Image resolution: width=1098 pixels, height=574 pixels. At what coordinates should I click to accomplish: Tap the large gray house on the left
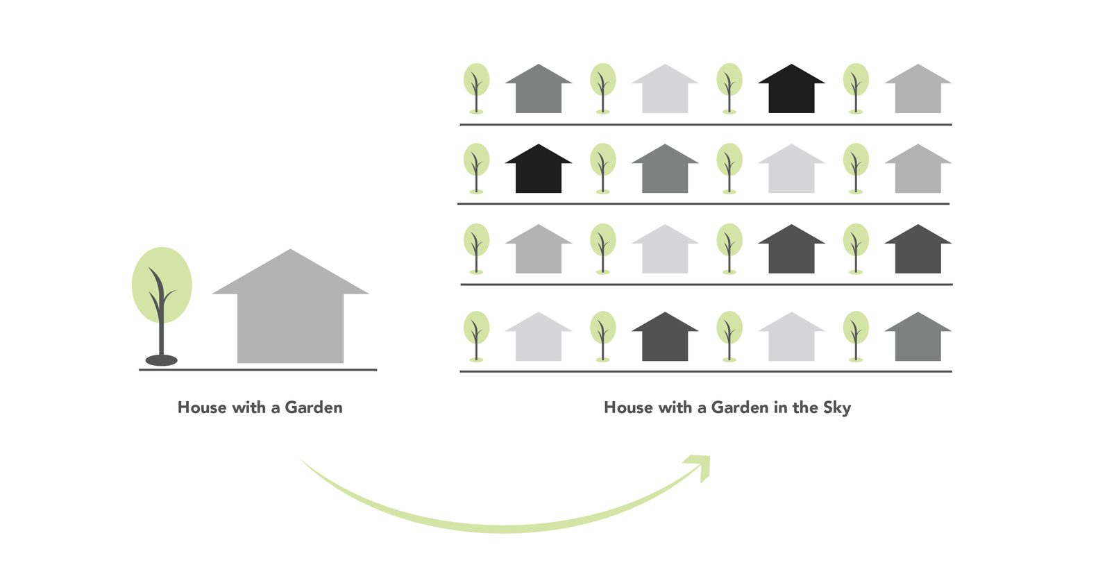pyautogui.click(x=290, y=323)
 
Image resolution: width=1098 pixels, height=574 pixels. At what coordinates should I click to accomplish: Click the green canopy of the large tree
pyautogui.click(x=162, y=274)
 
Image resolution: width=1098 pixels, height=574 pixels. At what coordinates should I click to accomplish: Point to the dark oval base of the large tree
pyautogui.click(x=161, y=360)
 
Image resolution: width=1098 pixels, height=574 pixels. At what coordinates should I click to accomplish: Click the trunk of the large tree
pyautogui.click(x=161, y=333)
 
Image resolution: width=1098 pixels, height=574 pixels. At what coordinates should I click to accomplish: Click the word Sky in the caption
pyautogui.click(x=837, y=407)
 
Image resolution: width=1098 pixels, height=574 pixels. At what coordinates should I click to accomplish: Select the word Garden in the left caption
pyautogui.click(x=314, y=407)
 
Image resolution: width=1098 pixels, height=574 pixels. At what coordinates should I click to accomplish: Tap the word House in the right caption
pyautogui.click(x=627, y=407)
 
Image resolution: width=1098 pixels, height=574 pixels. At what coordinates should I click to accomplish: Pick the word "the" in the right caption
pyautogui.click(x=805, y=407)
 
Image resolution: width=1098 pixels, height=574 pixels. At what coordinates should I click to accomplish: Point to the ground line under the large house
pyautogui.click(x=290, y=370)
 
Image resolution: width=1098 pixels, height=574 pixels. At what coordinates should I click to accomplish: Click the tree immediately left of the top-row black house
pyautogui.click(x=729, y=87)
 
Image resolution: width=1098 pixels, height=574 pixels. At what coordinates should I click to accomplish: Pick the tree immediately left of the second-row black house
pyautogui.click(x=476, y=167)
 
